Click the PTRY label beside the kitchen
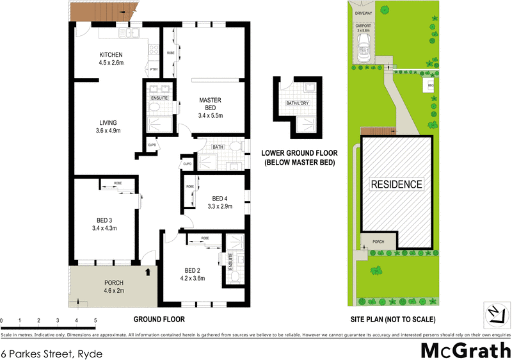[153, 69]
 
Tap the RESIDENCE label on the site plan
[397, 184]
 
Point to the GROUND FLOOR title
[159, 319]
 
